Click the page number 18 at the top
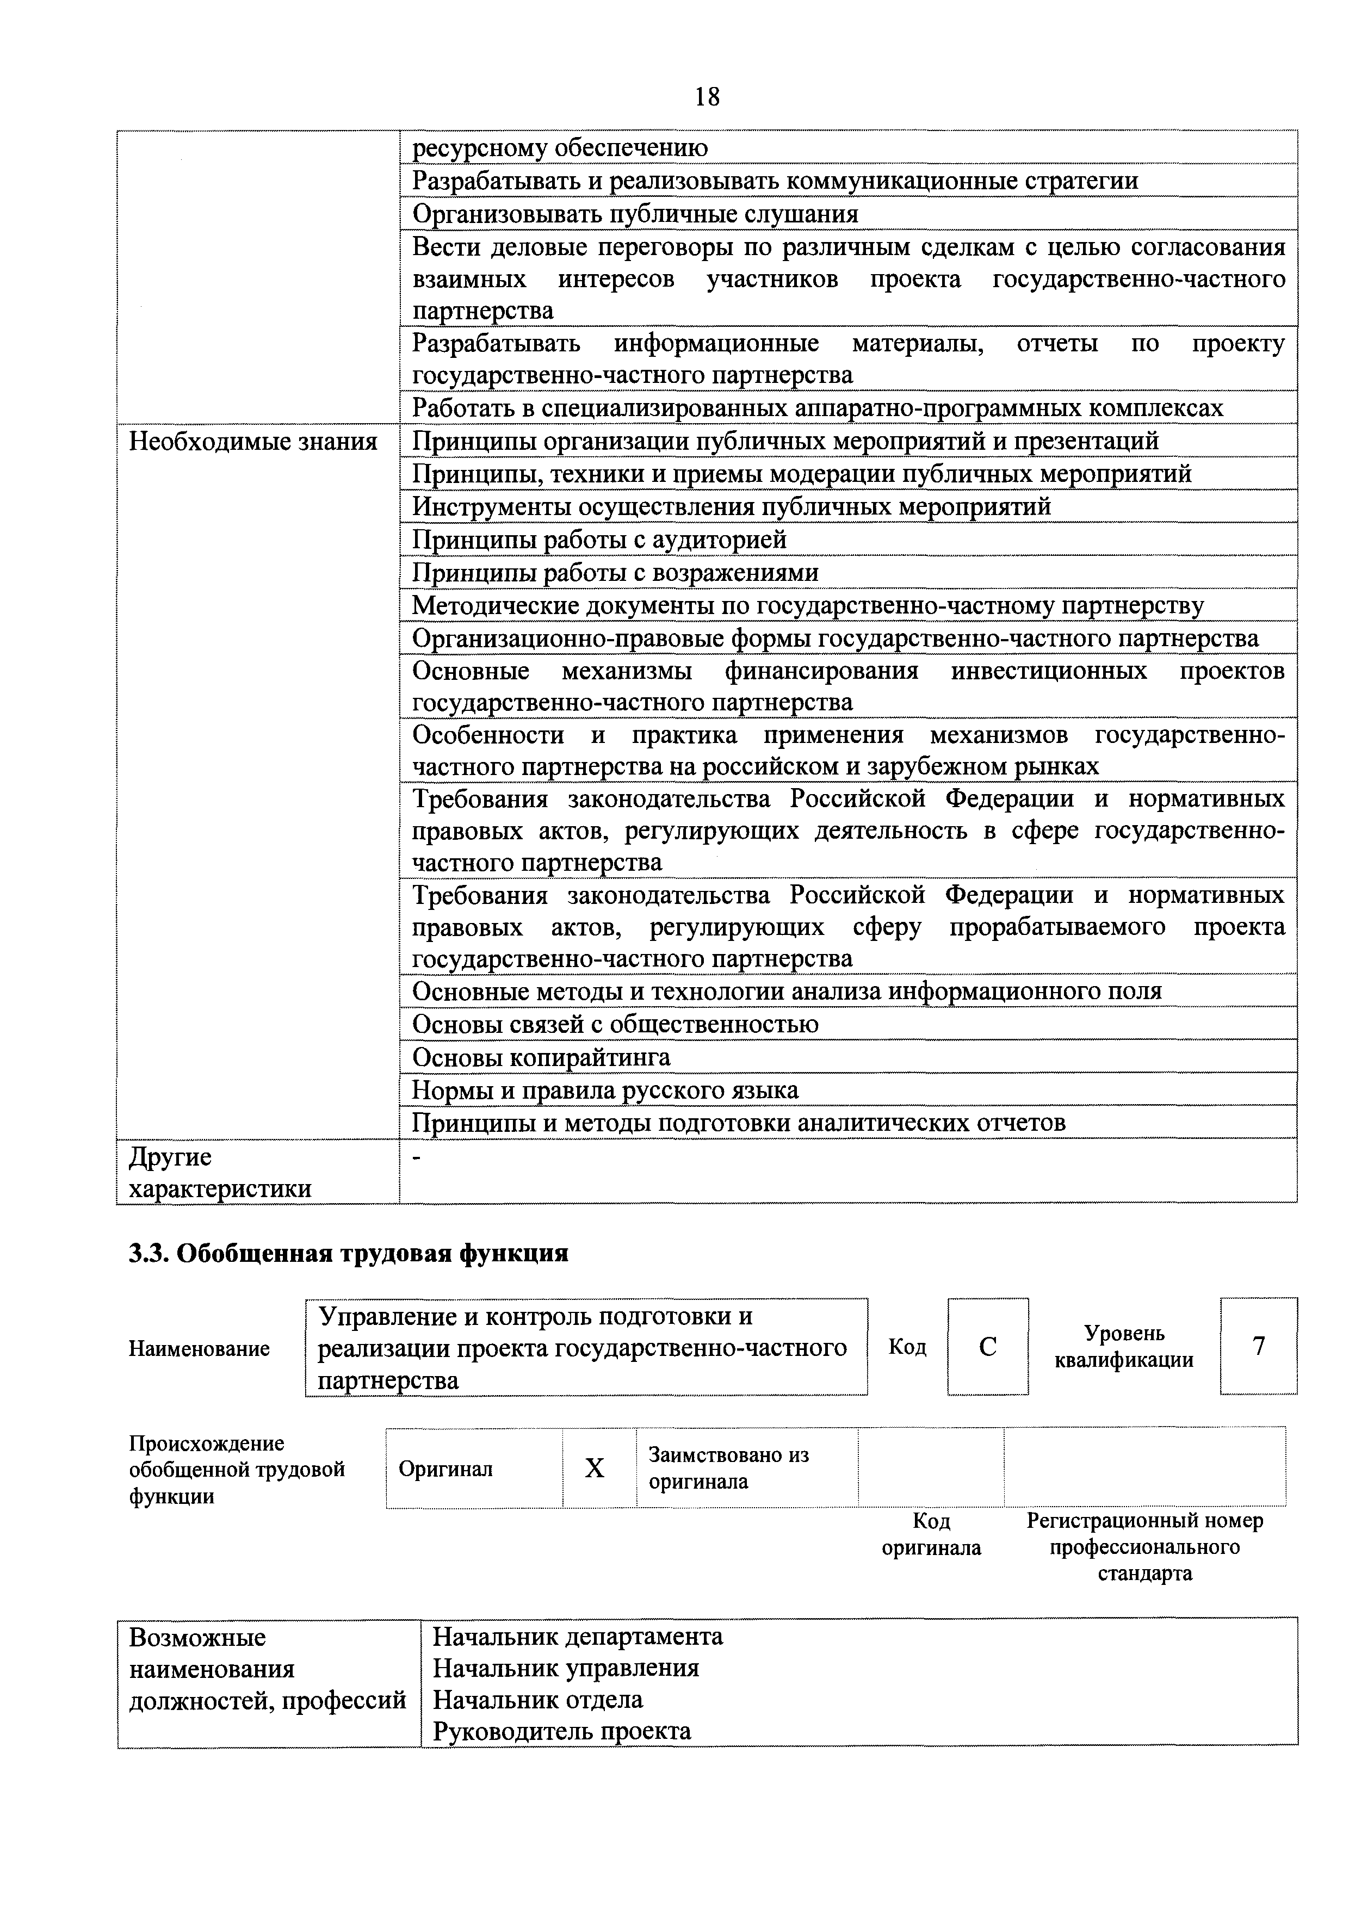pyautogui.click(x=707, y=97)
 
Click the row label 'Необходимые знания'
pyautogui.click(x=253, y=441)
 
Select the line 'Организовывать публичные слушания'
pyautogui.click(x=635, y=214)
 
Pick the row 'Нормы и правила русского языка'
pyautogui.click(x=605, y=1089)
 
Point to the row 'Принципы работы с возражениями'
pyautogui.click(x=615, y=573)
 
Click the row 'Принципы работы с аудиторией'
pyautogui.click(x=599, y=540)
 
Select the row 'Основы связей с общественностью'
pyautogui.click(x=615, y=1024)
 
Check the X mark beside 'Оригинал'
pyautogui.click(x=595, y=1469)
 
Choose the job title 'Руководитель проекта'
pyautogui.click(x=562, y=1731)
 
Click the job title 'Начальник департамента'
pyautogui.click(x=578, y=1636)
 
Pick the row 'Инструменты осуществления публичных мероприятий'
pyautogui.click(x=732, y=507)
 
